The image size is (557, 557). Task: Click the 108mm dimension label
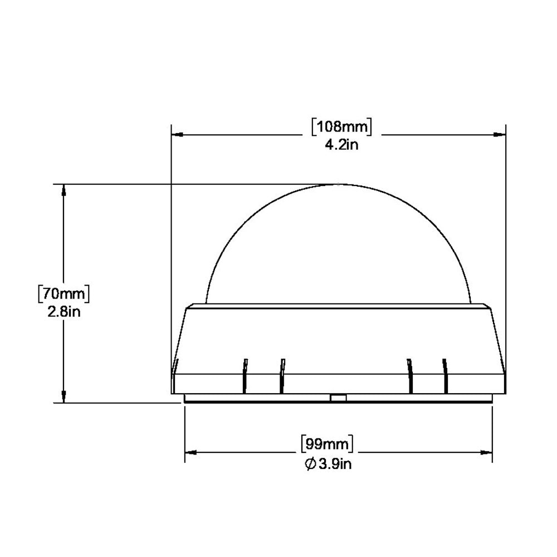click(x=341, y=127)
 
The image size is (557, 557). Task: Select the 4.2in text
click(x=341, y=146)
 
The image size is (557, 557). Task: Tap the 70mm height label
click(x=63, y=292)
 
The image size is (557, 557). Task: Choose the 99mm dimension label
click(x=327, y=444)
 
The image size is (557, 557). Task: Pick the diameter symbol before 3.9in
click(x=311, y=463)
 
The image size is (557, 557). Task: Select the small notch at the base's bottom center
click(x=338, y=397)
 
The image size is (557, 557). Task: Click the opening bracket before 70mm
click(x=40, y=292)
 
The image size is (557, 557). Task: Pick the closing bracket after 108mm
click(x=368, y=127)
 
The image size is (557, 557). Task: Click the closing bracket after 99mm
click(x=352, y=444)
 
